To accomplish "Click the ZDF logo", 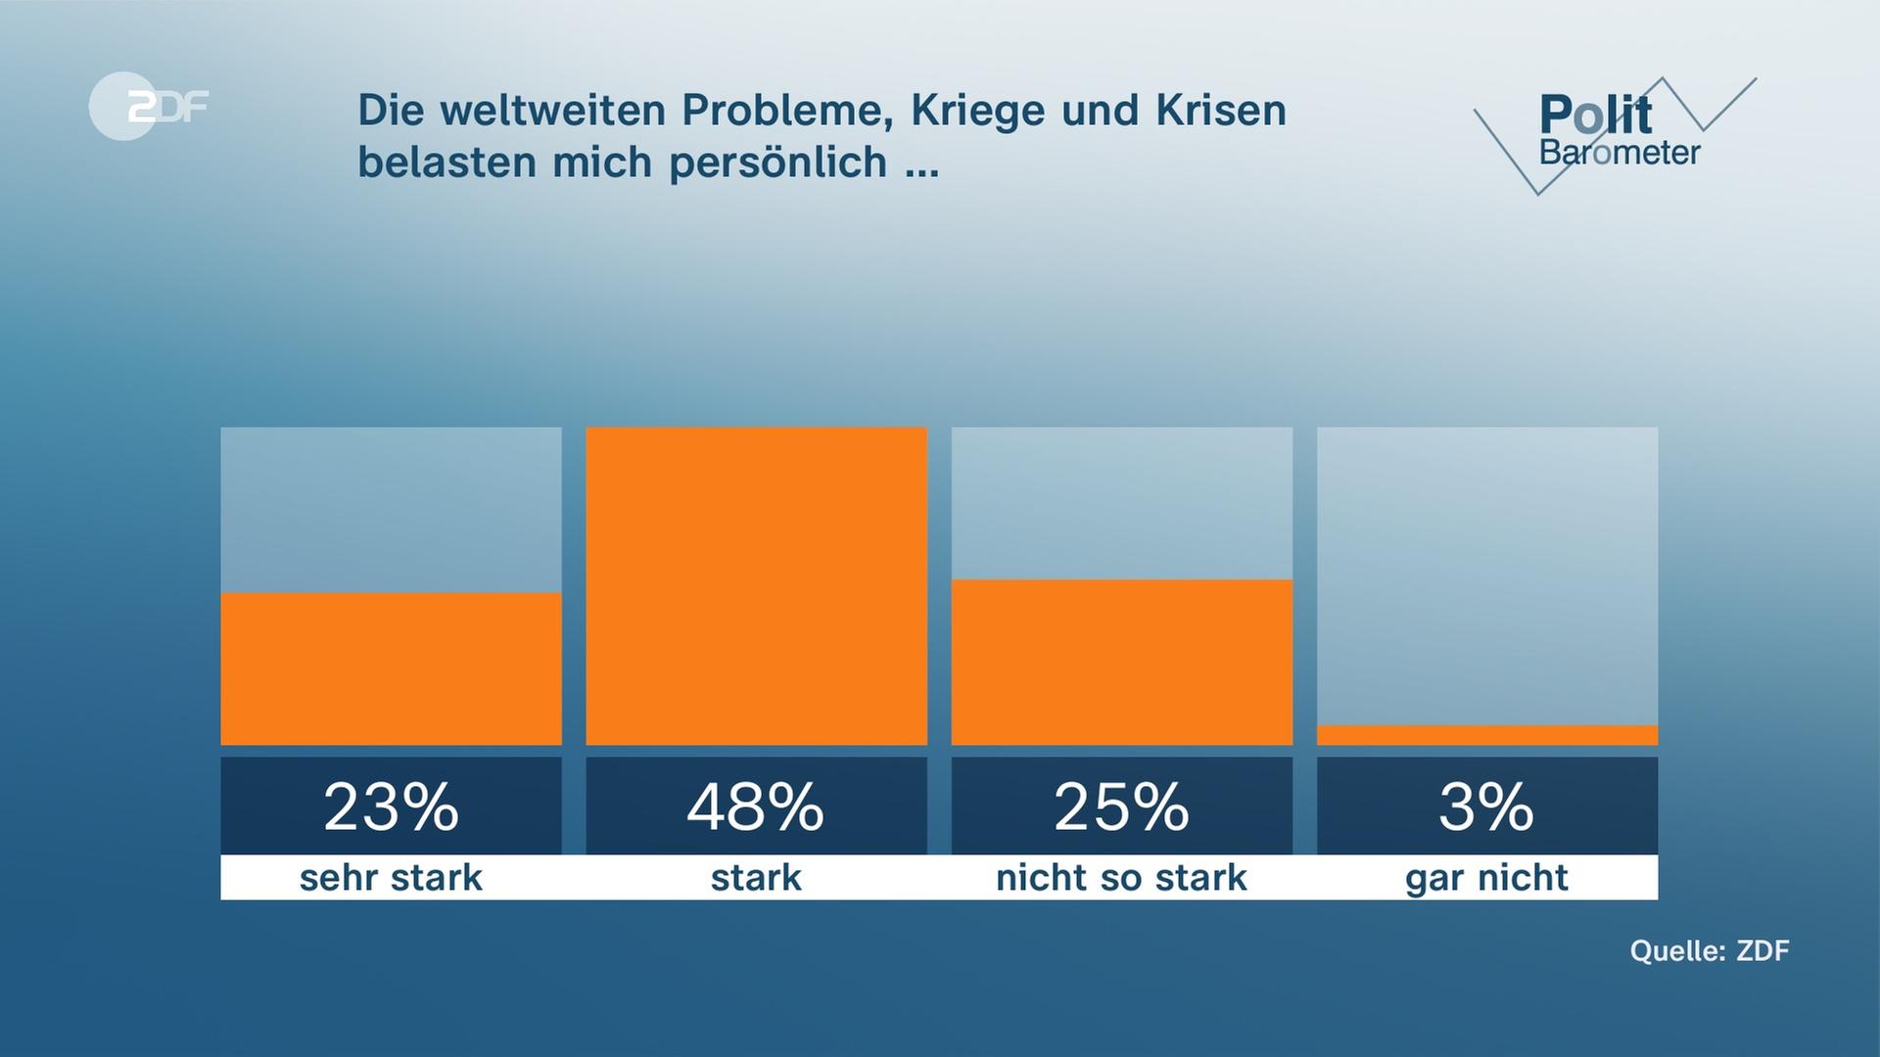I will point(149,106).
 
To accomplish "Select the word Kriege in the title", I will point(964,111).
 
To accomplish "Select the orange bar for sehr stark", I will point(391,668).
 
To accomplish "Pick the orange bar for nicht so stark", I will point(1121,662).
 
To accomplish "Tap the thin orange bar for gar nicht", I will point(1486,735).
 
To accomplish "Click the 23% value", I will point(391,807).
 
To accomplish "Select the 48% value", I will point(756,807).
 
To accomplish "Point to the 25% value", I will point(1121,807).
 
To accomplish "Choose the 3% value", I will point(1486,807).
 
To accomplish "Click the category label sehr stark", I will point(391,878).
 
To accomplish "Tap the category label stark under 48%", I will point(756,878).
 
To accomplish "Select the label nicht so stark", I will point(1121,878).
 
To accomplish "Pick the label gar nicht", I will point(1486,878).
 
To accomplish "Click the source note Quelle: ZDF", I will point(1709,950).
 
